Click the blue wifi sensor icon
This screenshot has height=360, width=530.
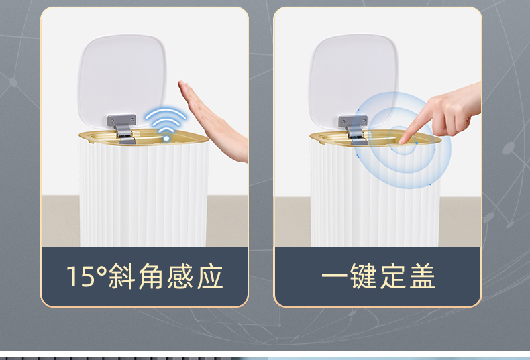pos(166,124)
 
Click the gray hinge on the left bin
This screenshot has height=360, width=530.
pos(122,128)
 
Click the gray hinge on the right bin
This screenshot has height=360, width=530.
pos(354,129)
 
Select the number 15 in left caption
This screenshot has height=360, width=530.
pos(81,277)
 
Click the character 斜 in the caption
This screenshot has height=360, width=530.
pos(122,276)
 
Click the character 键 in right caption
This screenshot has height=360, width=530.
pos(364,276)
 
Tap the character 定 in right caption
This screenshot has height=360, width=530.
pos(392,276)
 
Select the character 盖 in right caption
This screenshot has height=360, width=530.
pos(422,276)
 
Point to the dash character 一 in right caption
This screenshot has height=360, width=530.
pos(334,276)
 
